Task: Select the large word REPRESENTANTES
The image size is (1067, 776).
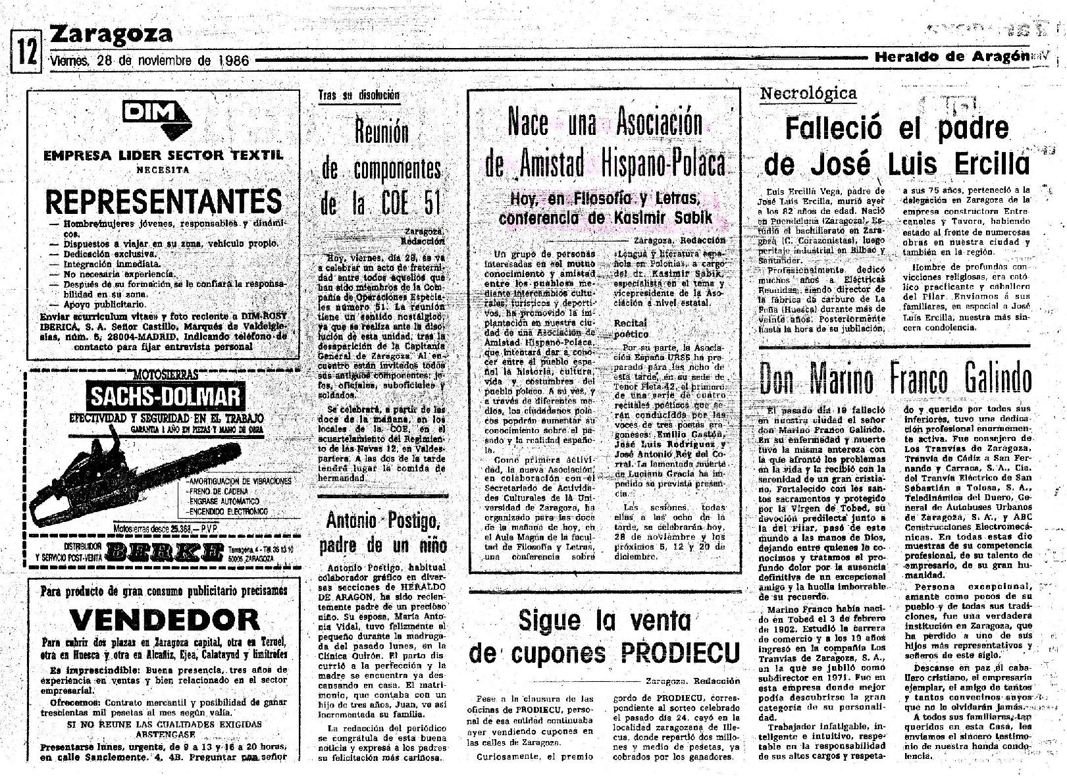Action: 163,201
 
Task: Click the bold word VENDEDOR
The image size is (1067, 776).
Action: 165,619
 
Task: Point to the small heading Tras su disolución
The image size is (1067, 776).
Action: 358,95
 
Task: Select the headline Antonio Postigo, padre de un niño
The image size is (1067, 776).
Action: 382,534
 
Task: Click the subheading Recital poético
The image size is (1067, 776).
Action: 630,328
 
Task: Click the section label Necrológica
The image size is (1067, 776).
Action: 808,93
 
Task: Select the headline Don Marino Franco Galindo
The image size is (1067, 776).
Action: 896,378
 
